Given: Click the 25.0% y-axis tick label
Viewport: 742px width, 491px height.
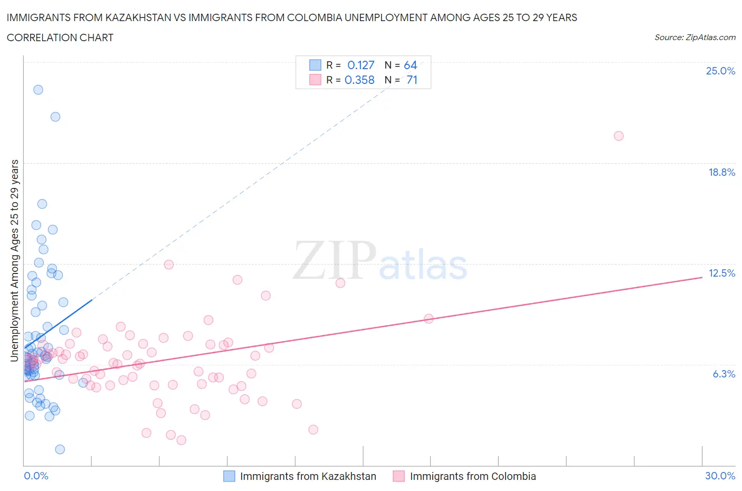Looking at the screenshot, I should click(720, 71).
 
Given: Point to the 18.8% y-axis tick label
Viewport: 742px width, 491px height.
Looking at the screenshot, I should click(721, 172).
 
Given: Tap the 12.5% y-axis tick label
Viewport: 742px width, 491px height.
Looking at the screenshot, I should click(721, 273).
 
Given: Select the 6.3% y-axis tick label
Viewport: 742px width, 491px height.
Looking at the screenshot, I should click(724, 374).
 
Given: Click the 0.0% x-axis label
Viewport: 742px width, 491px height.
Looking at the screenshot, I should click(36, 476).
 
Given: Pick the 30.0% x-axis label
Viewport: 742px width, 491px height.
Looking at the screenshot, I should click(720, 476).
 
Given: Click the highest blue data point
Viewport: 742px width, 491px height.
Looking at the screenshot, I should click(38, 90).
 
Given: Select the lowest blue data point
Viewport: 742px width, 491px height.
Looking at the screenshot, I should click(60, 449).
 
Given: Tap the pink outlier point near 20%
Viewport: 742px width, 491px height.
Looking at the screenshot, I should click(619, 136).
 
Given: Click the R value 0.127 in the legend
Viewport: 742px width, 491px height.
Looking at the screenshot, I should click(360, 65).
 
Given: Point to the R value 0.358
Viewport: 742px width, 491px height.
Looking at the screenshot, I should click(359, 80).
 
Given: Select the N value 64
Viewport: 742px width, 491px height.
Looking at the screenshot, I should click(410, 65).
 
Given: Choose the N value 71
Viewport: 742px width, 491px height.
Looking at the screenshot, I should click(412, 80).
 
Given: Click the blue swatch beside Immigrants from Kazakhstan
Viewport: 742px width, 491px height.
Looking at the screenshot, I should click(229, 476).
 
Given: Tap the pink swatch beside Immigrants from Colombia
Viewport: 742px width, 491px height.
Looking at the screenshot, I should click(399, 476).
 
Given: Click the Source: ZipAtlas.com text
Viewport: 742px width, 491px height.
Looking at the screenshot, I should click(695, 37).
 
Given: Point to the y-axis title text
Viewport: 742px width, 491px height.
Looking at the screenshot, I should click(14, 260).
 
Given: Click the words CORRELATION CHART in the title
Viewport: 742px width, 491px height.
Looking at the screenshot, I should click(60, 37).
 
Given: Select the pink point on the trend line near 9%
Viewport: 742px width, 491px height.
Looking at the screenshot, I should click(429, 318).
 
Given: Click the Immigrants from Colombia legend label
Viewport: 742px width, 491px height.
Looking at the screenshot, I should click(472, 476).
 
